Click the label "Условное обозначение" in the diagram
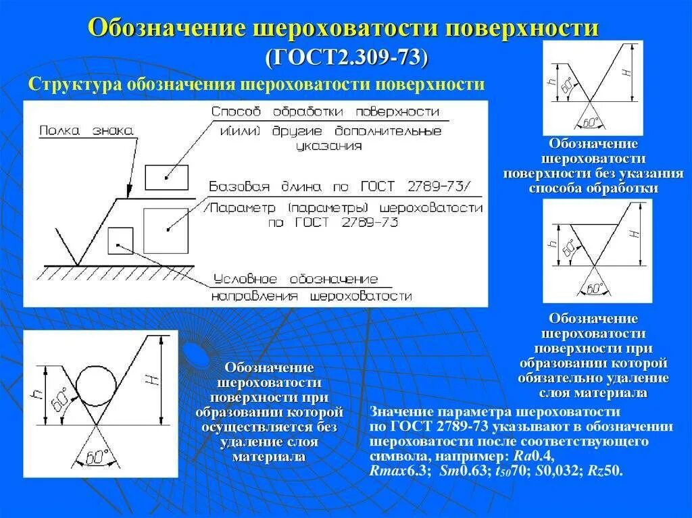tap(295, 280)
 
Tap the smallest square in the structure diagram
tap(120, 240)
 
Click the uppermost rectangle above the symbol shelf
tap(166, 177)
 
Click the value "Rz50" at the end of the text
tap(606, 471)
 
